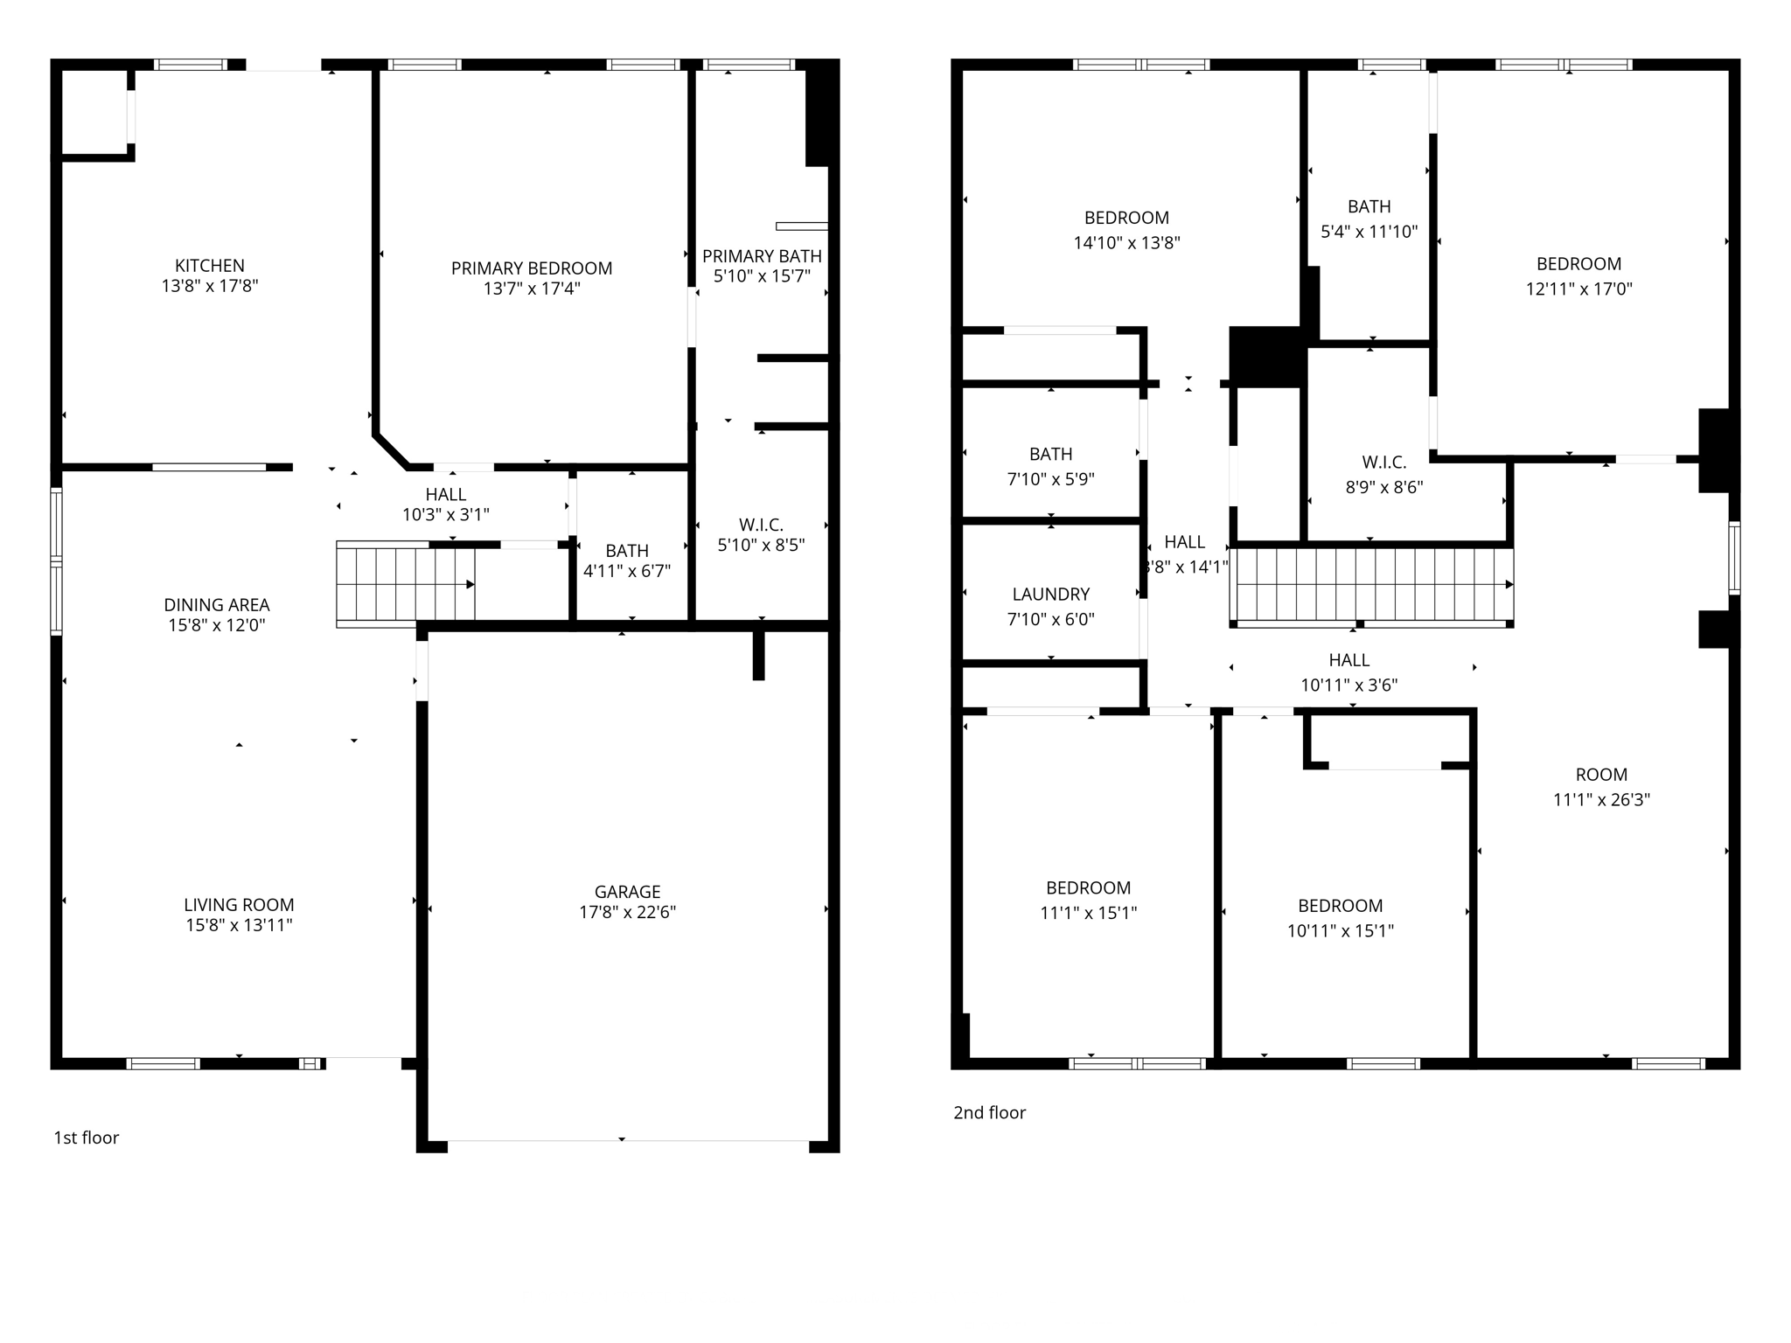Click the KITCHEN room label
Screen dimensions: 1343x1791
pos(210,266)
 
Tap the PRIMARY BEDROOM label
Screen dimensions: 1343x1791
pos(532,268)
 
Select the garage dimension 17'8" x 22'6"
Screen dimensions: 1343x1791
pos(627,912)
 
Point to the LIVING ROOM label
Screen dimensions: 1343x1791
pos(239,905)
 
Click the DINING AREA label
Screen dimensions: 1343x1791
pos(217,605)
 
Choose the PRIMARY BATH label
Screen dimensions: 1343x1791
pos(762,256)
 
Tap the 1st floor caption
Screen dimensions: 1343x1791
pos(87,1138)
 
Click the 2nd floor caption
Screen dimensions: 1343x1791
pos(989,1112)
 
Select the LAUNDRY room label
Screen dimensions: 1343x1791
pos(1050,595)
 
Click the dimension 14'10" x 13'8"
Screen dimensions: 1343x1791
pos(1126,242)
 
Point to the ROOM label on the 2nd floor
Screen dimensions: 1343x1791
pos(1601,775)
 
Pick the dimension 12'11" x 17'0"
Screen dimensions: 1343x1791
pos(1578,289)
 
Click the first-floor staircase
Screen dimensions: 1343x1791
pos(406,583)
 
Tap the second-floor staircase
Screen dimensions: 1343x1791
pos(1371,583)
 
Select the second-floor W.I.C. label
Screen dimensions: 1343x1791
pos(1383,463)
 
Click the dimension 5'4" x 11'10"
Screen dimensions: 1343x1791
pos(1369,232)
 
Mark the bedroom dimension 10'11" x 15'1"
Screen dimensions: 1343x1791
pos(1340,931)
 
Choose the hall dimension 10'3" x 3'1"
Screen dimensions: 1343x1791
pos(445,515)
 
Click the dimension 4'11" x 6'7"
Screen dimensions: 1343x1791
pos(627,571)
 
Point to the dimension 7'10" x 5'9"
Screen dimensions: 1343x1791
pos(1050,479)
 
